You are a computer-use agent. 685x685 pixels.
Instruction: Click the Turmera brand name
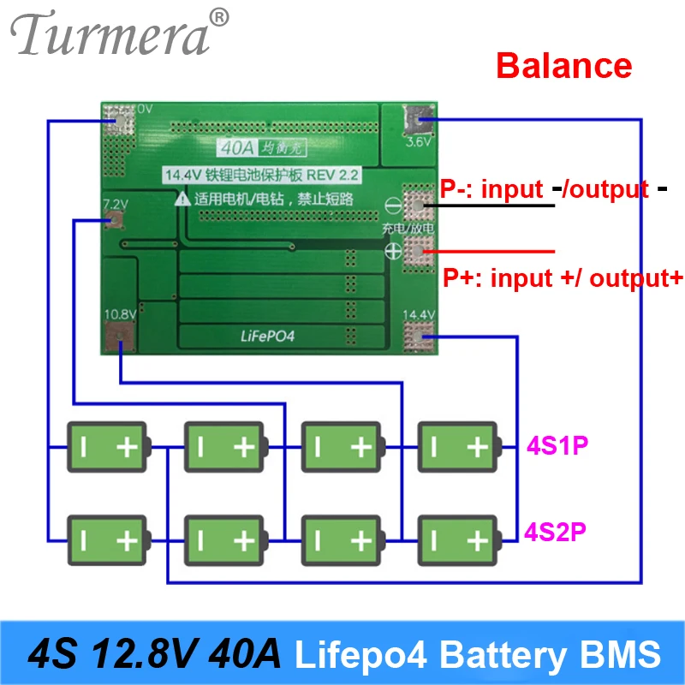click(x=111, y=36)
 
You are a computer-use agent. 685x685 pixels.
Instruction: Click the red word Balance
click(x=564, y=66)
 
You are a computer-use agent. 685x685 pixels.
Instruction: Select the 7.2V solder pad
click(x=113, y=220)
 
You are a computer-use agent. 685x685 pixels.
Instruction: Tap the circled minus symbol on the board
click(x=391, y=205)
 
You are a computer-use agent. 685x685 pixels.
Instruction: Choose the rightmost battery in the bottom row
click(x=457, y=539)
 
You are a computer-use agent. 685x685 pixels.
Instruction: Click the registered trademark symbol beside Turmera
click(x=220, y=17)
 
